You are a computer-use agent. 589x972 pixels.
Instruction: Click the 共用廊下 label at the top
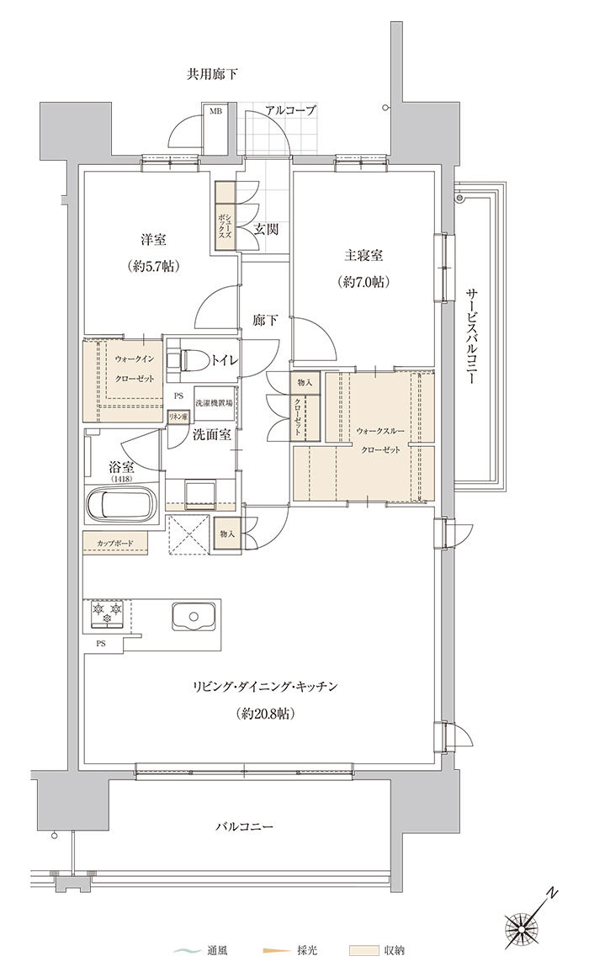pos(213,75)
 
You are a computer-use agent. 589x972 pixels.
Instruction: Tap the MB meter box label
pos(215,112)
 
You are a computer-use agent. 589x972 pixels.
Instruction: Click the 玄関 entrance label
pos(266,229)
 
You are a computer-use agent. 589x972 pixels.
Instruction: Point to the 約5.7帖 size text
pos(155,267)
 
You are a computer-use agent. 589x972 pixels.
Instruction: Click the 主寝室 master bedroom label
pos(363,255)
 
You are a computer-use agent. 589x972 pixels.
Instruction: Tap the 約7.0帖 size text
pos(364,282)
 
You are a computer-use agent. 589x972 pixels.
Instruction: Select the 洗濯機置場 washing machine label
pos(214,401)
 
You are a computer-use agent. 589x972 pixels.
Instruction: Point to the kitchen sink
pos(194,616)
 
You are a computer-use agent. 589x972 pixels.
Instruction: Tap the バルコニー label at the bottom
pos(244,826)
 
